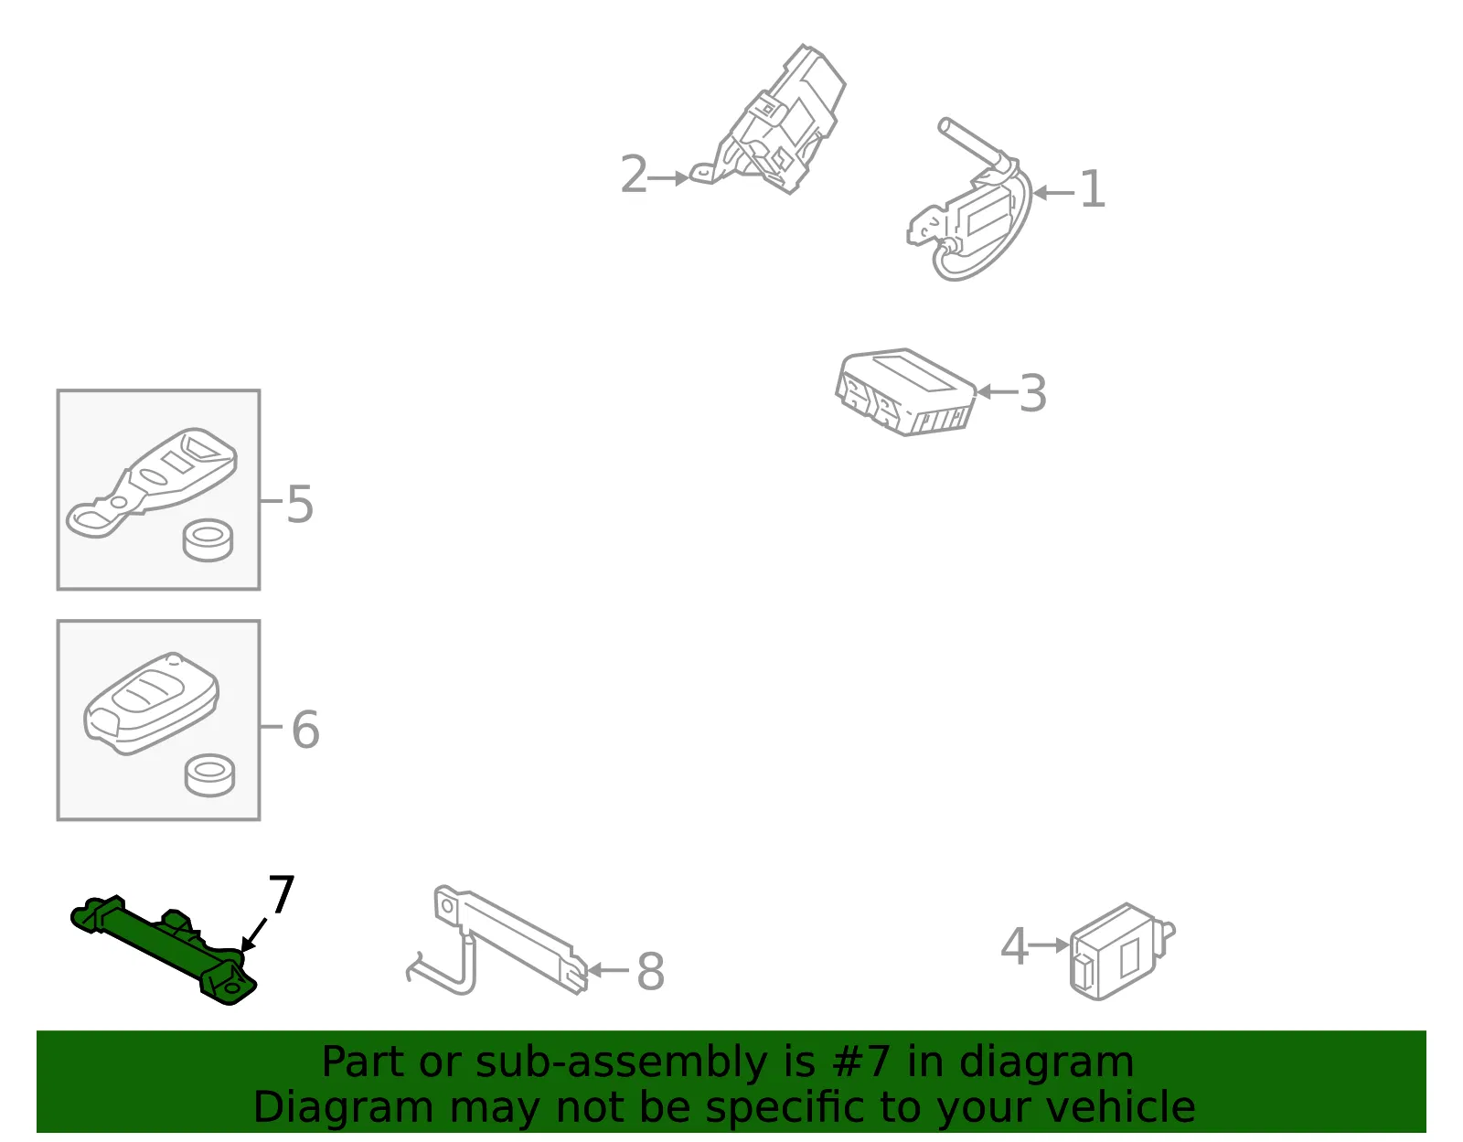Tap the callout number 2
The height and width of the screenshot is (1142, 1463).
[634, 174]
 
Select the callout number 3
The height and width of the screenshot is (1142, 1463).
[1032, 393]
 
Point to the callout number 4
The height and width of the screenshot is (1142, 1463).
[1014, 945]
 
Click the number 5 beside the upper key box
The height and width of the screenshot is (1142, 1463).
[300, 504]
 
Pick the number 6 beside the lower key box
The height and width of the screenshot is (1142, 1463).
[305, 730]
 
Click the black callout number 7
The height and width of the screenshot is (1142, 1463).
[282, 893]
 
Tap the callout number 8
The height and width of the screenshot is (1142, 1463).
[650, 972]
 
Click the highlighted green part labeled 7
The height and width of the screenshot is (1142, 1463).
[164, 950]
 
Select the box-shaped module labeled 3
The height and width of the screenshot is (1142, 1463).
[905, 391]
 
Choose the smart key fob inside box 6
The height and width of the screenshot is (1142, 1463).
[151, 703]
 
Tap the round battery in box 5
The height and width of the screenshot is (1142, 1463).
[208, 539]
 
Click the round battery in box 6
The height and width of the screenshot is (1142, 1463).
[209, 775]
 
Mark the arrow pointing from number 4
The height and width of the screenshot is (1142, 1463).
[1049, 945]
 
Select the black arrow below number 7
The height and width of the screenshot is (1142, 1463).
[253, 934]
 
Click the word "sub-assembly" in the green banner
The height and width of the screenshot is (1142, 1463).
[621, 1062]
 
